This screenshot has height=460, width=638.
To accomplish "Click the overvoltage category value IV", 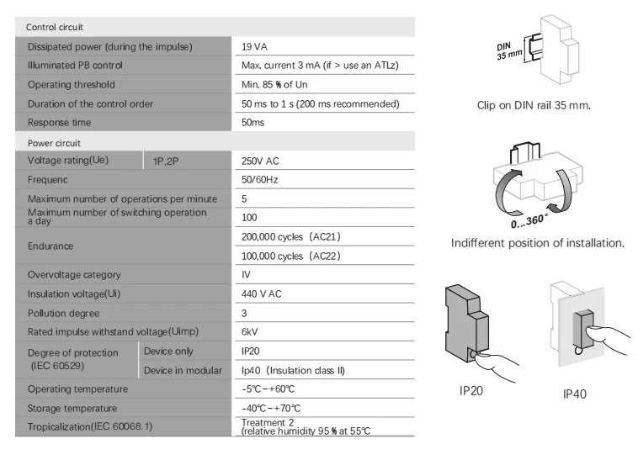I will tap(246, 275).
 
